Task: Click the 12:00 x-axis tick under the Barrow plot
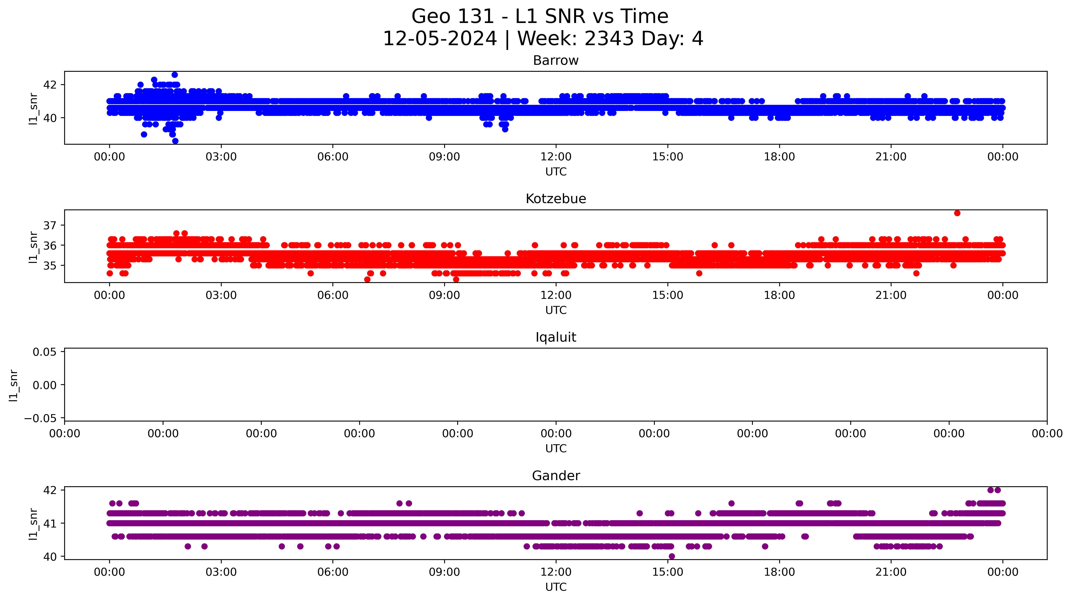pyautogui.click(x=556, y=157)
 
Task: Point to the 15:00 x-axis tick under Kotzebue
pyautogui.click(x=667, y=295)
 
